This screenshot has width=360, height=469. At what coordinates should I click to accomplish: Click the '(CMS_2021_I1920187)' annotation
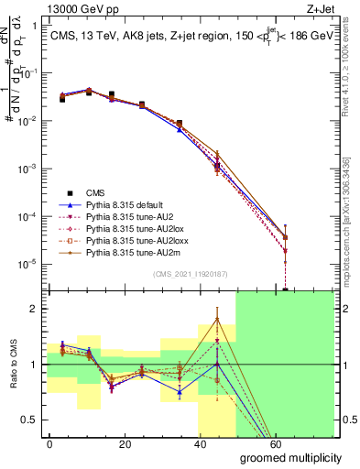[191, 273]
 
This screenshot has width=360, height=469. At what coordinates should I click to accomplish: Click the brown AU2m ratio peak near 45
[216, 319]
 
